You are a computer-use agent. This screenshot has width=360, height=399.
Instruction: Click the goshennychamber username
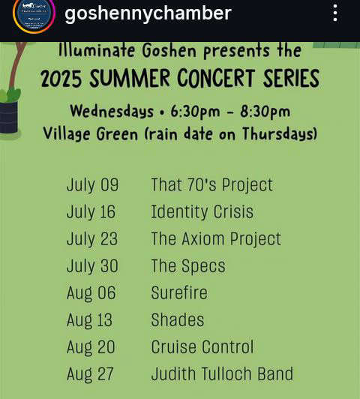click(x=148, y=13)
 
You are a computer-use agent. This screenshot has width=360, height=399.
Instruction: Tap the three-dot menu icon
click(x=335, y=13)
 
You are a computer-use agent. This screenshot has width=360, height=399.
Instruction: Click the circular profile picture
click(x=34, y=13)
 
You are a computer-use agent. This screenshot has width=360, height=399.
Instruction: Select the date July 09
click(x=92, y=184)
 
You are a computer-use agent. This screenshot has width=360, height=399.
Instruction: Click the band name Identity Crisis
click(x=202, y=211)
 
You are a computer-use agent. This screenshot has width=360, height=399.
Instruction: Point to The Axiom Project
click(x=216, y=239)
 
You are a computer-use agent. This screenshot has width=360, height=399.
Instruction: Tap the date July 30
click(x=92, y=266)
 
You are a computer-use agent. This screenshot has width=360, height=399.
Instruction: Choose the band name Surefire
click(x=179, y=292)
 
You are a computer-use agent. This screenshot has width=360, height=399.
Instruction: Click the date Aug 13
click(x=89, y=320)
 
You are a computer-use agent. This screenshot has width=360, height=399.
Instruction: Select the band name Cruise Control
click(x=202, y=346)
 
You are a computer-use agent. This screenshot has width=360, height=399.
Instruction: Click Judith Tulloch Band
click(x=222, y=373)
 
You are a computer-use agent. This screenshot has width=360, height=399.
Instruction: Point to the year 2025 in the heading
click(x=61, y=79)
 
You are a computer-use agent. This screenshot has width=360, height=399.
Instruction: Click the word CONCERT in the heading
click(x=216, y=78)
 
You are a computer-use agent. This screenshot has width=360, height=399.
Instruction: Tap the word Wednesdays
click(x=112, y=112)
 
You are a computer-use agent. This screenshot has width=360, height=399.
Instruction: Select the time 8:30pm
click(x=265, y=112)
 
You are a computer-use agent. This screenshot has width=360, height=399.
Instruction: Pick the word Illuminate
click(x=97, y=50)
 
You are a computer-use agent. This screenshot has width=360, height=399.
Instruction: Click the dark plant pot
click(x=9, y=117)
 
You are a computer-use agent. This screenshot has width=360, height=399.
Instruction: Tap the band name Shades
click(x=177, y=319)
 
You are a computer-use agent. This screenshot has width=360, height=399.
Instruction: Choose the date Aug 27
click(x=90, y=374)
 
